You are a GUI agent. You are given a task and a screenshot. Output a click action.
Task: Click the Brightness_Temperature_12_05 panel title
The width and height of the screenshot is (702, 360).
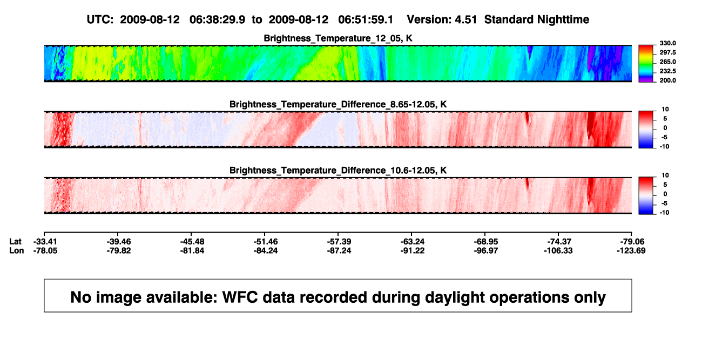point(338,38)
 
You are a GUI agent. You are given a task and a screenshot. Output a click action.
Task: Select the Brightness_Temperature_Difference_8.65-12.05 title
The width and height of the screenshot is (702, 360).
point(338,104)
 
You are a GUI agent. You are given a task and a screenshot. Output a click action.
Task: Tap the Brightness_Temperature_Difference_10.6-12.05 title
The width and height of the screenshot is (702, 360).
point(338,171)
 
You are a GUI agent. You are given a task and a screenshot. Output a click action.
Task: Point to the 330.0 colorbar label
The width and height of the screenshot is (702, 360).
point(667,43)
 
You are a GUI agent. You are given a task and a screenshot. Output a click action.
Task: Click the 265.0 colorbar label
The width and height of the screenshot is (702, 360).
point(667,62)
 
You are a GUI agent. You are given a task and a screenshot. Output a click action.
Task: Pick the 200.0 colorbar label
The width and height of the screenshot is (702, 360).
point(667,80)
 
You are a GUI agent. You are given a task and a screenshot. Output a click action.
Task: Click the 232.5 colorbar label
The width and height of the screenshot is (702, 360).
point(667,71)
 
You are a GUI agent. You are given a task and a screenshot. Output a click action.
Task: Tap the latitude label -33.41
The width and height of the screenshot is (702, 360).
point(45,242)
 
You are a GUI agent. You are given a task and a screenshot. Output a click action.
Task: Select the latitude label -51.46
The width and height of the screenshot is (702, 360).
point(266,242)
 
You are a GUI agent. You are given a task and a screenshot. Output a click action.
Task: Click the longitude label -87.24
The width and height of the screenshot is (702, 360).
point(339,250)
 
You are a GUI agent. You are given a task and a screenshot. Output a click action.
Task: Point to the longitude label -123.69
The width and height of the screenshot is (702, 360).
point(631,250)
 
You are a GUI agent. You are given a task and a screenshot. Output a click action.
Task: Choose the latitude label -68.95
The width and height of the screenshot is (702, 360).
point(486,242)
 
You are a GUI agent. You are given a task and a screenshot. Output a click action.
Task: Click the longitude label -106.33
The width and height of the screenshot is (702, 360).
point(558,250)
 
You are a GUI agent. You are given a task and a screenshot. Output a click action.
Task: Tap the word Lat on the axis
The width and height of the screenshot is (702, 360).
point(15,242)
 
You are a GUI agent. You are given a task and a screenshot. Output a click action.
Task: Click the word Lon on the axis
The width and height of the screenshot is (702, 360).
point(17,250)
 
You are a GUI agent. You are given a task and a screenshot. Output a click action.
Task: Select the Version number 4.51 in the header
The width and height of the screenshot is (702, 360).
point(465,19)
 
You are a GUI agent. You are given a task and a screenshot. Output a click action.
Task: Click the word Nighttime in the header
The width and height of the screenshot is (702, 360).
point(563,20)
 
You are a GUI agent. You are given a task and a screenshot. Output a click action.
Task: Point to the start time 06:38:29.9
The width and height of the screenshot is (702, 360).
point(217,19)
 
